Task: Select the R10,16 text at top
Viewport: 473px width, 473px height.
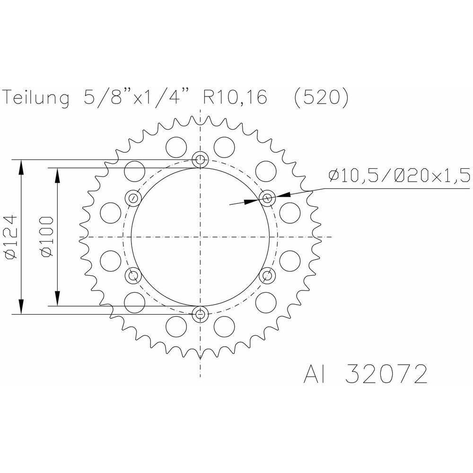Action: point(235,97)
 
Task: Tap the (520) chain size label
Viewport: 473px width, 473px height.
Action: point(321,97)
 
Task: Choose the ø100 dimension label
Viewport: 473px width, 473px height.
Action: point(47,237)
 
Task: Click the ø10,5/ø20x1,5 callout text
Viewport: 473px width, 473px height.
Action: point(399,175)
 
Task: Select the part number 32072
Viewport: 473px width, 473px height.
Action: point(386,374)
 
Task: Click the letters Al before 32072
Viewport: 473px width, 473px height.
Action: point(315,374)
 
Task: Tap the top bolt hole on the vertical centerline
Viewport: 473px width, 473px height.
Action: point(200,159)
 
